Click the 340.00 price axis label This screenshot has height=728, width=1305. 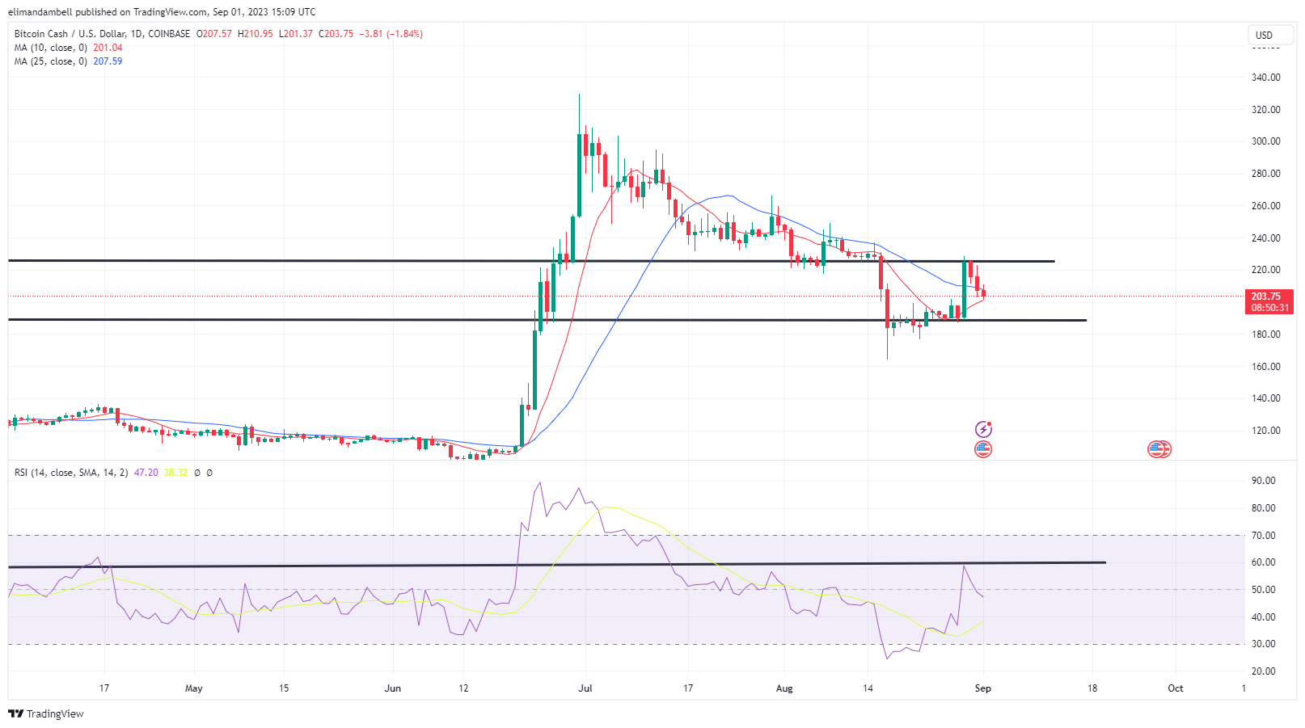click(x=1265, y=78)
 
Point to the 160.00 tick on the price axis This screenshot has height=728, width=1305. click(x=1265, y=366)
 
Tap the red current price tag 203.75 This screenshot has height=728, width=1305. click(x=1265, y=297)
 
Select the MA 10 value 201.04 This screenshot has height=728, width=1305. click(x=108, y=48)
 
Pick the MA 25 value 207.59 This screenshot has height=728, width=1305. click(x=108, y=61)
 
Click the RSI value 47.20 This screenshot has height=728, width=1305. click(x=146, y=473)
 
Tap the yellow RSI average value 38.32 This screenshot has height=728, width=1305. click(x=175, y=473)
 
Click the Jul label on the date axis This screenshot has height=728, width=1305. click(x=585, y=688)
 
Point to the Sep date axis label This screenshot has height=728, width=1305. click(x=982, y=688)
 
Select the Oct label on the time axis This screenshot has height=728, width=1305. click(x=1175, y=688)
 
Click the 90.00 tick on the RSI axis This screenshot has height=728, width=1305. click(x=1263, y=481)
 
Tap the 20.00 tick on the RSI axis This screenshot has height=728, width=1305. click(x=1263, y=671)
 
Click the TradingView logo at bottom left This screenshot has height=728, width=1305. click(x=46, y=713)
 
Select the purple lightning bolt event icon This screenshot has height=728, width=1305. click(x=983, y=429)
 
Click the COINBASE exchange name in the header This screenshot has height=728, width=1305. click(x=169, y=34)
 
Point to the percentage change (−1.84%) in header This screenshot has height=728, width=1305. click(x=404, y=34)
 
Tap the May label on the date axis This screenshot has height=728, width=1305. click(x=194, y=688)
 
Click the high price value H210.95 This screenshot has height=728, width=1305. click(x=256, y=34)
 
